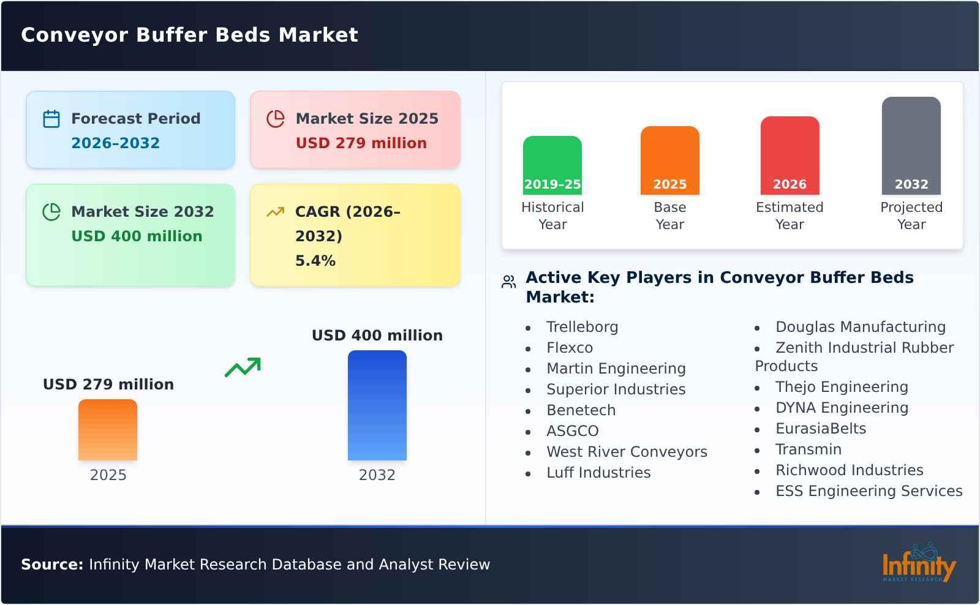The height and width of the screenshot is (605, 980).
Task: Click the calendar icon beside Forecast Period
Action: pyautogui.click(x=51, y=119)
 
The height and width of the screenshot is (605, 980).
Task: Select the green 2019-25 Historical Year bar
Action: pyautogui.click(x=552, y=165)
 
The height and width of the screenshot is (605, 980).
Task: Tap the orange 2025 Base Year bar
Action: pyautogui.click(x=669, y=160)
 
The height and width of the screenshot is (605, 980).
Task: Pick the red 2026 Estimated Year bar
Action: pyautogui.click(x=790, y=156)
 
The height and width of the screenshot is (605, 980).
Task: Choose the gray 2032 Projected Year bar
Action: pyautogui.click(x=911, y=146)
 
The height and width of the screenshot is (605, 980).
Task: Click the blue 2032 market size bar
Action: pyautogui.click(x=377, y=405)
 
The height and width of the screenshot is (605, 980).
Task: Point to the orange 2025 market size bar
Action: pyautogui.click(x=108, y=430)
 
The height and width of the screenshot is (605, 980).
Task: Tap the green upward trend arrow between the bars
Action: pyautogui.click(x=243, y=367)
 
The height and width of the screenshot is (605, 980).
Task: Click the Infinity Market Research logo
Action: pyautogui.click(x=918, y=563)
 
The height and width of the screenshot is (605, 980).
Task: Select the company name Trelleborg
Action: pyautogui.click(x=582, y=327)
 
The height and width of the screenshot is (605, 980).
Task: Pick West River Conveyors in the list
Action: pyautogui.click(x=627, y=452)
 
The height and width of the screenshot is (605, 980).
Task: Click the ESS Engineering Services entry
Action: pyautogui.click(x=869, y=491)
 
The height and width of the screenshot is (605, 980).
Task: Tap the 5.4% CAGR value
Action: pyautogui.click(x=315, y=261)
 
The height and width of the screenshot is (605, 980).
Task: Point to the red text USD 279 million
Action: pyautogui.click(x=361, y=143)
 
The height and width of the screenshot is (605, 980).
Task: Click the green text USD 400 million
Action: pyautogui.click(x=137, y=236)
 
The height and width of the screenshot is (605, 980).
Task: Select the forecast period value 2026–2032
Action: pyautogui.click(x=115, y=143)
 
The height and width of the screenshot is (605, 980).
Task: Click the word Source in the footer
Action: pyautogui.click(x=51, y=565)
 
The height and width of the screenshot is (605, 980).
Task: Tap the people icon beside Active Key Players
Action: pyautogui.click(x=508, y=282)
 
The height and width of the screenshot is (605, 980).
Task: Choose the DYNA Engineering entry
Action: pyautogui.click(x=842, y=408)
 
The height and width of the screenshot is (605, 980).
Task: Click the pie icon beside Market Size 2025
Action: pyautogui.click(x=276, y=119)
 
